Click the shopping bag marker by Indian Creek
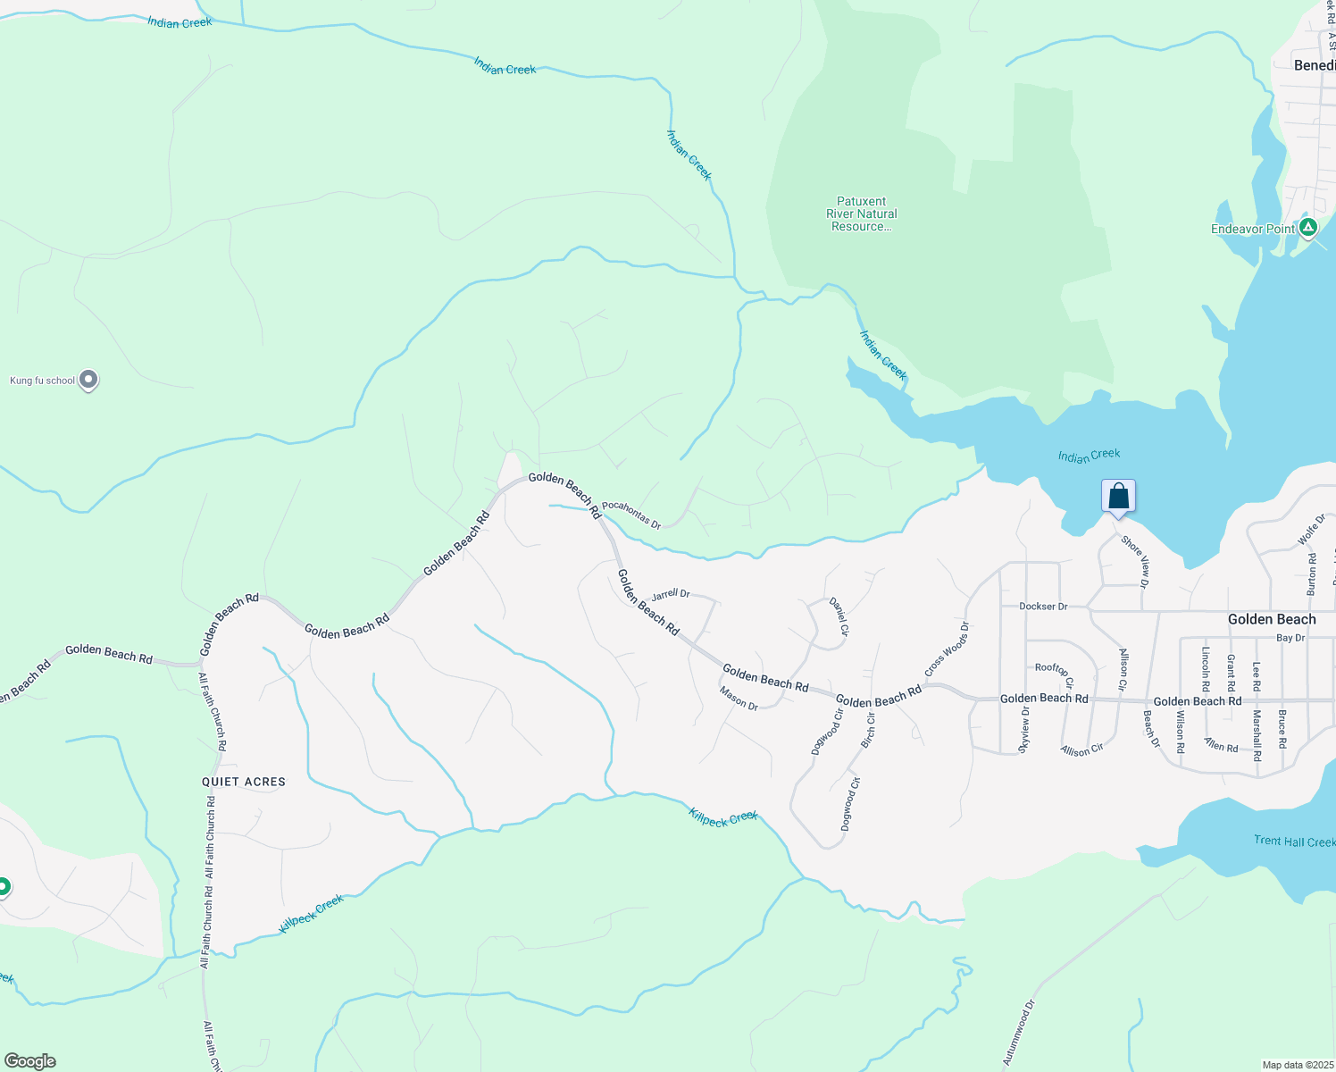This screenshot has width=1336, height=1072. (1118, 497)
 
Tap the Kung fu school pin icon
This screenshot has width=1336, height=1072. (88, 380)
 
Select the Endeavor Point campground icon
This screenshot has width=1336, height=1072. (1307, 228)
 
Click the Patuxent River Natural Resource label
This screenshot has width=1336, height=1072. (862, 214)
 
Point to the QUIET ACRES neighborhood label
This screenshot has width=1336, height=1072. (244, 782)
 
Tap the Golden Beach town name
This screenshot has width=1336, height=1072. (1272, 619)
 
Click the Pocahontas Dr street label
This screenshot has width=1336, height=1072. (630, 515)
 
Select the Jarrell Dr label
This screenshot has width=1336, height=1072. (671, 595)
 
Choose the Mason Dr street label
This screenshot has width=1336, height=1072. (739, 699)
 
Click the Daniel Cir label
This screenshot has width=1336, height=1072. (839, 616)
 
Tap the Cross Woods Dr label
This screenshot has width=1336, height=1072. (947, 649)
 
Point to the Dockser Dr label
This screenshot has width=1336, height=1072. (1043, 607)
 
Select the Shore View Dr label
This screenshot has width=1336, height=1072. (1135, 561)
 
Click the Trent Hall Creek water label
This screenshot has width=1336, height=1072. (1294, 842)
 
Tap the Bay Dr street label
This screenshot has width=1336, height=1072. (1290, 638)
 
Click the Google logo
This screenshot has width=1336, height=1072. (30, 1061)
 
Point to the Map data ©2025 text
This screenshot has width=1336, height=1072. (1297, 1065)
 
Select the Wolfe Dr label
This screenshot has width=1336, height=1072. (1311, 530)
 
